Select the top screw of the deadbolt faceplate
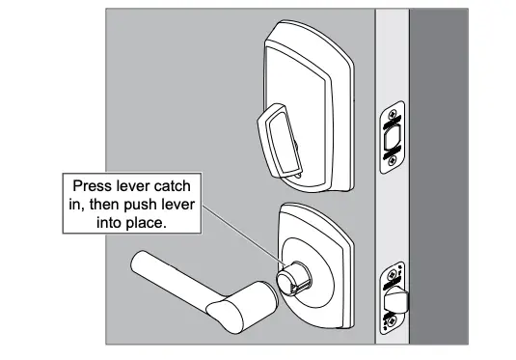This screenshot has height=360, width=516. (x=392, y=116)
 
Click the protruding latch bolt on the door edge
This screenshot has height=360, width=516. (x=394, y=299)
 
